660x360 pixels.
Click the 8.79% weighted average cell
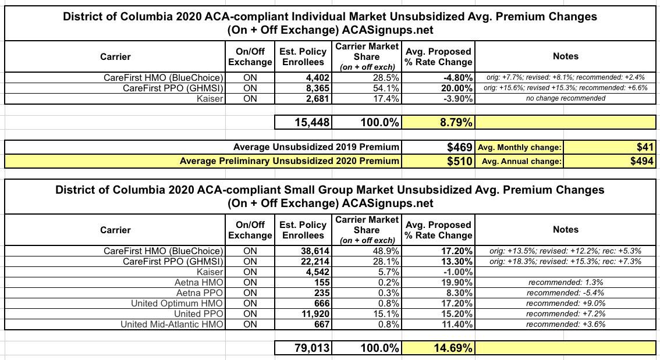click(438, 123)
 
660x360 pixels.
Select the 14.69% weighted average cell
click(438, 348)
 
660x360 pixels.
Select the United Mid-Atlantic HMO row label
click(172, 324)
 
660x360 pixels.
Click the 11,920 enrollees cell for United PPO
click(314, 313)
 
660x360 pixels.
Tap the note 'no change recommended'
click(565, 98)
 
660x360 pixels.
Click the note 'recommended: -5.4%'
click(565, 293)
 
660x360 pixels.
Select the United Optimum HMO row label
click(177, 303)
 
